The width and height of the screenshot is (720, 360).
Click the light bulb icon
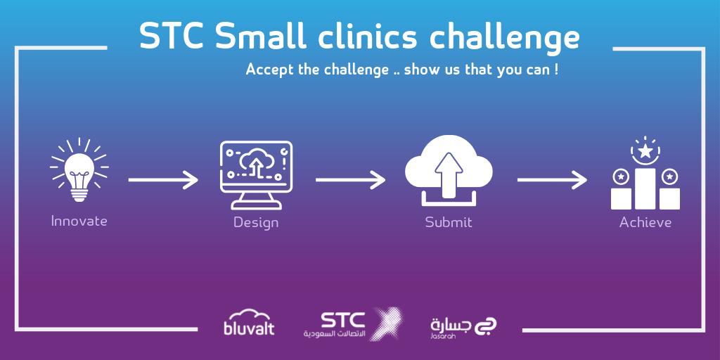click(79, 171)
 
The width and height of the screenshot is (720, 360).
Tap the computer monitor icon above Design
click(256, 173)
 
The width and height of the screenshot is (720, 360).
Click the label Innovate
click(79, 221)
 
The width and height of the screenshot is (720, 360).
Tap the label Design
click(256, 223)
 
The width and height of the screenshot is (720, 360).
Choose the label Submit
click(449, 223)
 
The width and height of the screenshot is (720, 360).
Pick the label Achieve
click(645, 223)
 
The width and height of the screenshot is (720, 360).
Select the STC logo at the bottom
click(352, 323)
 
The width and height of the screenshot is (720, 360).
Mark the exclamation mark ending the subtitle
click(556, 70)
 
